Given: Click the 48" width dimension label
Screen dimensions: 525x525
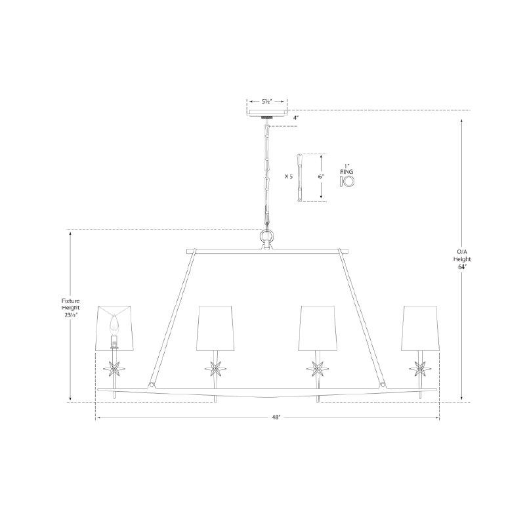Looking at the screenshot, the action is pyautogui.click(x=276, y=417).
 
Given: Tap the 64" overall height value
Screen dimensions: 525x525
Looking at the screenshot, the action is pyautogui.click(x=462, y=267).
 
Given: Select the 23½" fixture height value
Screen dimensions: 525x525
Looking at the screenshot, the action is pyautogui.click(x=71, y=315).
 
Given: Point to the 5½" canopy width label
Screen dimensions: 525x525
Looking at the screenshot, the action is pyautogui.click(x=267, y=102).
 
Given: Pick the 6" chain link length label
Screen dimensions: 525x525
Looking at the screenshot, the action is pyautogui.click(x=321, y=177).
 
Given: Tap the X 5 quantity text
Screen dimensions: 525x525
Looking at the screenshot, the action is pyautogui.click(x=288, y=177).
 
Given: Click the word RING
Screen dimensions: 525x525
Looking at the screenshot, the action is pyautogui.click(x=346, y=172).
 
